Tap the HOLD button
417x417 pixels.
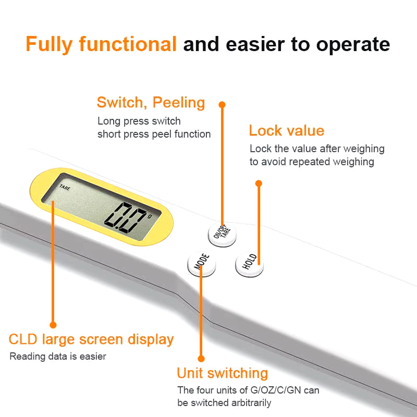click(250, 264)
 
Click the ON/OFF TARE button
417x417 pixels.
click(222, 234)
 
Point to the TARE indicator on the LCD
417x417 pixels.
click(65, 188)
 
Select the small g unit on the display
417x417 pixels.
click(150, 216)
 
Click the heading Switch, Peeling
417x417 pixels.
click(151, 103)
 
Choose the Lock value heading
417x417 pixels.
click(286, 131)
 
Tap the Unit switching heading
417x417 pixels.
click(223, 373)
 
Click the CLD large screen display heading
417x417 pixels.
click(91, 340)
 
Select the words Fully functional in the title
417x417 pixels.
click(101, 44)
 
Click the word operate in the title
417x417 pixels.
click(353, 44)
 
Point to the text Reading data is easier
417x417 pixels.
click(58, 357)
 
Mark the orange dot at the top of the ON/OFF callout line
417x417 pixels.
click(222, 105)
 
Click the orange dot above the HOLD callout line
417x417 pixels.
click(259, 183)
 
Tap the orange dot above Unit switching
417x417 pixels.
click(201, 359)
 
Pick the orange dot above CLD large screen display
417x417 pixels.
click(53, 325)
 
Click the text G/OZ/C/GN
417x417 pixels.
click(276, 390)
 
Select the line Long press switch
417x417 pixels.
click(139, 121)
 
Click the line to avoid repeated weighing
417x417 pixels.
click(312, 162)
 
